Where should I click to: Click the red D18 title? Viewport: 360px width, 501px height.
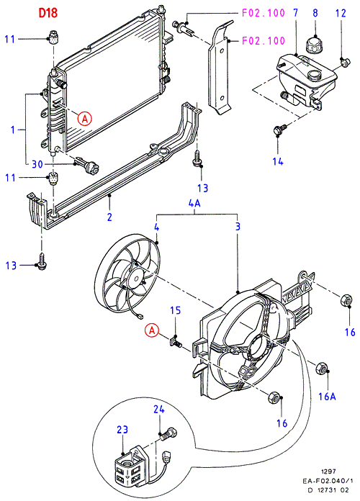(48, 13)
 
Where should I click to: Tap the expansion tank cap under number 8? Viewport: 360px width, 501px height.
(314, 45)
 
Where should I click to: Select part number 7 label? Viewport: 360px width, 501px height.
(295, 13)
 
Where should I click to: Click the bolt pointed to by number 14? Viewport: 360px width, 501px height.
(278, 130)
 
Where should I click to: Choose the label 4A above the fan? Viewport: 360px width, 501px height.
(194, 203)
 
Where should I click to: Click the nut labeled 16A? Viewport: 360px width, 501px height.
(322, 369)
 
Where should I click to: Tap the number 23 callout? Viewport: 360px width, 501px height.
(122, 430)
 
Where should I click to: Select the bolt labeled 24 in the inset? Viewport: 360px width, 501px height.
(169, 433)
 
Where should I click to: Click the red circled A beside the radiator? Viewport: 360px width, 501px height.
(85, 119)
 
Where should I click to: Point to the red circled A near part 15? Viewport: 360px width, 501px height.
(152, 330)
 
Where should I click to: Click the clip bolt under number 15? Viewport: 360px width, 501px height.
(176, 342)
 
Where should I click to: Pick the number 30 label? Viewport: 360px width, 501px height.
(37, 164)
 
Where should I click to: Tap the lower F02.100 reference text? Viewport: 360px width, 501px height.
(263, 40)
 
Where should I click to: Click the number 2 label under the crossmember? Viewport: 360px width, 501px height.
(109, 217)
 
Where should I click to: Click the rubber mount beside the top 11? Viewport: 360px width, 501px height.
(53, 36)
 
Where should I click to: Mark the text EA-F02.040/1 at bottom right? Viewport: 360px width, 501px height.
(328, 481)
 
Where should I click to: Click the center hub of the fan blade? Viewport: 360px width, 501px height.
(135, 277)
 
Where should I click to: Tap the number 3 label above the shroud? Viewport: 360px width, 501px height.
(238, 227)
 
